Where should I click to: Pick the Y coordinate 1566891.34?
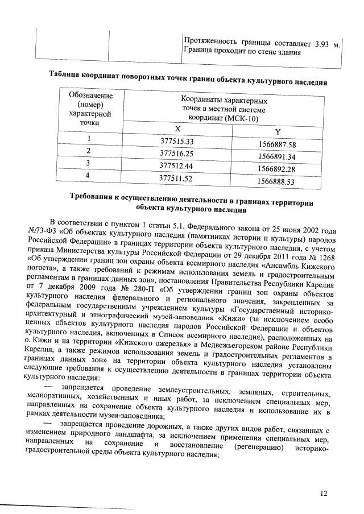(x=276, y=156)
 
